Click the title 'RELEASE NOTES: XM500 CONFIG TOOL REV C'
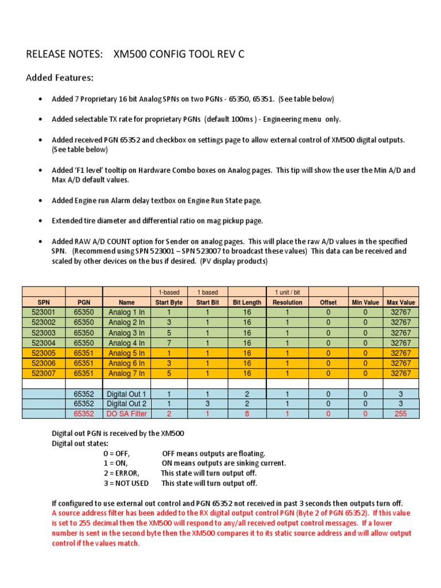136,55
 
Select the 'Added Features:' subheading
60,78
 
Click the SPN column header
44,302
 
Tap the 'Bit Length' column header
247,302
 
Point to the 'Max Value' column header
401,302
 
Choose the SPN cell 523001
44,312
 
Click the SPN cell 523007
44,373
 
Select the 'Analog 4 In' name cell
126,343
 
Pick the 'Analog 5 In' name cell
126,353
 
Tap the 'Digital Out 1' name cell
126,394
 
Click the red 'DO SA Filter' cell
126,413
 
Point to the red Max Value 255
401,413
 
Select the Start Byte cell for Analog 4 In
169,343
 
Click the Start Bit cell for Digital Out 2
207,404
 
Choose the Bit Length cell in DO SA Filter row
247,413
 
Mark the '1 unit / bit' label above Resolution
287,292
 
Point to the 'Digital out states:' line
82,444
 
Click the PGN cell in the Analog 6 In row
84,363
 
